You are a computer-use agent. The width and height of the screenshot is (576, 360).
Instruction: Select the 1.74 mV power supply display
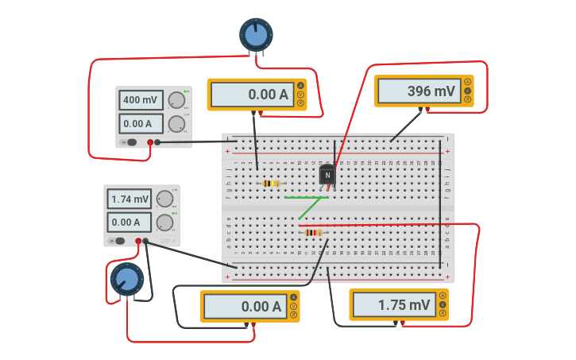click(130, 199)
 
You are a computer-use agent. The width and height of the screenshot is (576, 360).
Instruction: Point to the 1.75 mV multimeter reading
click(392, 304)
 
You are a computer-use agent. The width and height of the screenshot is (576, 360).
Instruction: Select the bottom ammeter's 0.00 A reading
click(243, 307)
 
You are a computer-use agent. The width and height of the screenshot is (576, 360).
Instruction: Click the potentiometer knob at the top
click(256, 34)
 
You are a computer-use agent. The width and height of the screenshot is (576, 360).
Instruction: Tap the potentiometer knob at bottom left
click(126, 279)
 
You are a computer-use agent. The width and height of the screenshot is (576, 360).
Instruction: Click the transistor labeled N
click(327, 176)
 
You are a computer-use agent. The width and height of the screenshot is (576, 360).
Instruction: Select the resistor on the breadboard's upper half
click(271, 184)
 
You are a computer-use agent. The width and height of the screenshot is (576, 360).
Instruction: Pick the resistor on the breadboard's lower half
click(313, 232)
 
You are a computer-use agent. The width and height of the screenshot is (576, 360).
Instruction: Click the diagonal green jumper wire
click(310, 207)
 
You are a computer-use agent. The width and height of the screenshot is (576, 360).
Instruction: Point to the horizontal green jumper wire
click(305, 197)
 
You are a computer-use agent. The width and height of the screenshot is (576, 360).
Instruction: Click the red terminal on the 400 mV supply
click(149, 142)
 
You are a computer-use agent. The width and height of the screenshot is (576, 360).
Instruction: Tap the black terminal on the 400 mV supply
click(157, 142)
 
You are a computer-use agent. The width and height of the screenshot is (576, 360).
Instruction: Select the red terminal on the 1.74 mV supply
click(138, 241)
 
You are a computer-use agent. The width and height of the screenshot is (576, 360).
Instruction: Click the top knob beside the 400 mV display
click(176, 100)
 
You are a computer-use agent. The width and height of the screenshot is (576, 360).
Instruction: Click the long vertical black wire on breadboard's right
click(440, 207)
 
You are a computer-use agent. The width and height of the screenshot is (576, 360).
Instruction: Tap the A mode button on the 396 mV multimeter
click(467, 82)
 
